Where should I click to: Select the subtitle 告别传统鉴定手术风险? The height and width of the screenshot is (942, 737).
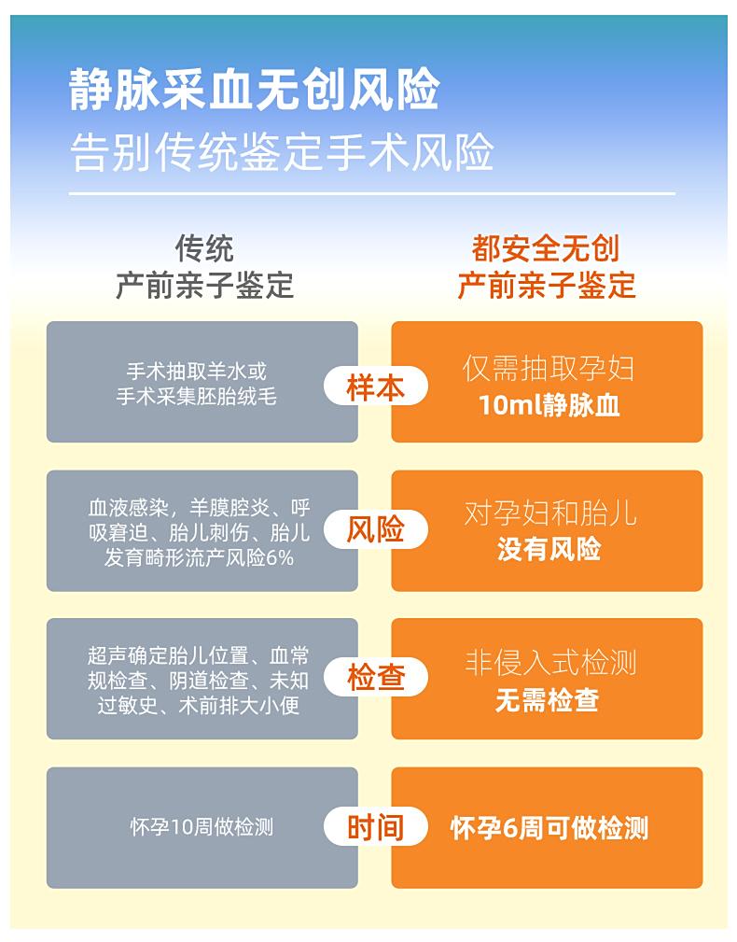point(282,151)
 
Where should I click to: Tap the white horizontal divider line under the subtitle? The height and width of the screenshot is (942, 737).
point(372,193)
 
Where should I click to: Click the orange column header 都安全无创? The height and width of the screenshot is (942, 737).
point(545,248)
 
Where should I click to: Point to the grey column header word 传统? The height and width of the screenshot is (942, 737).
point(204,248)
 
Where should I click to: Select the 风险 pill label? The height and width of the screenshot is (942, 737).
point(376,530)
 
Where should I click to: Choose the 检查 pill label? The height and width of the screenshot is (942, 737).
point(376,678)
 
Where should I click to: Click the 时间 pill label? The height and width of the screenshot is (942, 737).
point(376,826)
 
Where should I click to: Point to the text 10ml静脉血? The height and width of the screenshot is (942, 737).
point(549,405)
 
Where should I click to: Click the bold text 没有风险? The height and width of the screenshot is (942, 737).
point(549,549)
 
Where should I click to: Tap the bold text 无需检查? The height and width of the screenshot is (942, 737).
point(548,699)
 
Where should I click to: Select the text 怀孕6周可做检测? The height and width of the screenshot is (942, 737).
point(549,827)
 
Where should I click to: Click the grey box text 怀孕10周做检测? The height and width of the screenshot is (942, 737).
point(202,827)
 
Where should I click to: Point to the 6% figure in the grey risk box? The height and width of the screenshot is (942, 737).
point(280,558)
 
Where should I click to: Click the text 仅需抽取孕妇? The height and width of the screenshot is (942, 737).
point(549,368)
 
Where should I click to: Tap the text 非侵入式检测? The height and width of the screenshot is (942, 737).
point(549,663)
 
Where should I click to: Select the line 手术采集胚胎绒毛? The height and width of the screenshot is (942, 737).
point(196,397)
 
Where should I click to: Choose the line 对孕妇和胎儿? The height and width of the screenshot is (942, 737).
point(549,513)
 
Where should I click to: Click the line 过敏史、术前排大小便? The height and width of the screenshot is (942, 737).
point(198,705)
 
